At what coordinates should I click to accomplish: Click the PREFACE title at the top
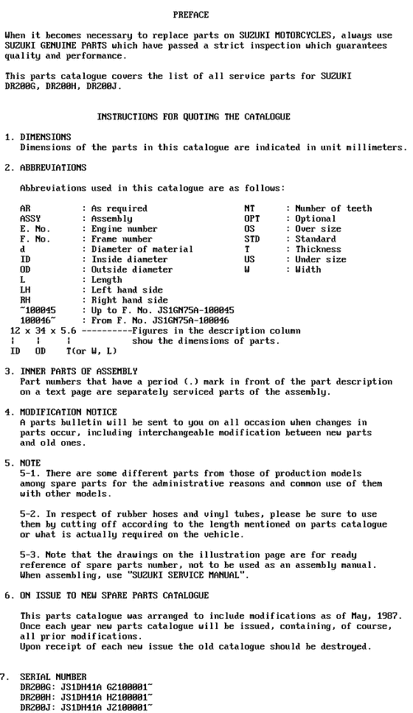(191, 15)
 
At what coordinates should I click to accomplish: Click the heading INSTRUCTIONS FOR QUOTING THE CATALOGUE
(194, 116)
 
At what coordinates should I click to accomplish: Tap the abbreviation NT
(249, 208)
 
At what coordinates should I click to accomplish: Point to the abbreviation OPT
(251, 219)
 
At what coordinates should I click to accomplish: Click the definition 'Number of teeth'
(333, 208)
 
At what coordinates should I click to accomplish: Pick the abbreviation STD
(251, 239)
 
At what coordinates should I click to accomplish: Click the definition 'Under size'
(320, 259)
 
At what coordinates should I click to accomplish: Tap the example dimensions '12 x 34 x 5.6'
(39, 331)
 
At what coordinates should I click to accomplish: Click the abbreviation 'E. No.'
(33, 229)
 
